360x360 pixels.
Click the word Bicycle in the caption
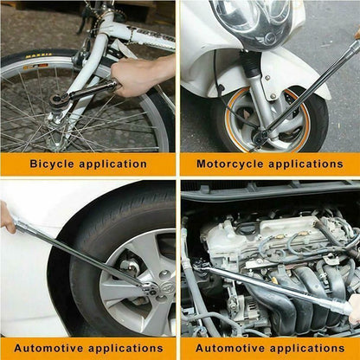coord(55,164)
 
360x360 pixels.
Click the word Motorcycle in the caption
coord(232,164)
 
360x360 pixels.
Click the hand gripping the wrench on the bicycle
coord(138,76)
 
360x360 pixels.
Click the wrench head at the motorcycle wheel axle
coord(260,136)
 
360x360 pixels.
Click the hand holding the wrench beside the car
coord(7,216)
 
